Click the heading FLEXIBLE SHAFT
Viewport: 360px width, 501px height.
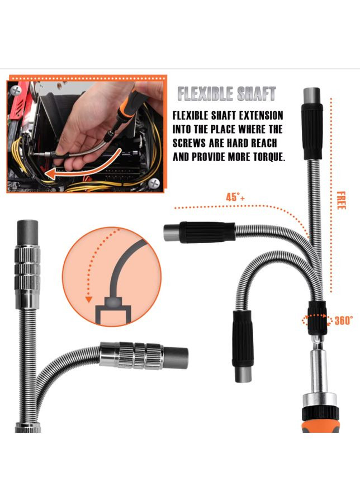click(226, 94)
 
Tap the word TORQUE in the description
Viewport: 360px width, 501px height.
click(268, 157)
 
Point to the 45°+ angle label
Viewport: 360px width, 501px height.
click(235, 197)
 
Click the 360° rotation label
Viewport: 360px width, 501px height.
click(344, 320)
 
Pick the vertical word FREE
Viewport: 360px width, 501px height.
click(341, 200)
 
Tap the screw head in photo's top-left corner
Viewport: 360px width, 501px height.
click(15, 91)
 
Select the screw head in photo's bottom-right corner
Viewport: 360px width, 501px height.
click(155, 183)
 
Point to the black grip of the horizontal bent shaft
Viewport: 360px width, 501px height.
click(207, 232)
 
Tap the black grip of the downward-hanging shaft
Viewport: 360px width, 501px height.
click(243, 338)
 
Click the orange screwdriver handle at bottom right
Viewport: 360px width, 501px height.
click(321, 422)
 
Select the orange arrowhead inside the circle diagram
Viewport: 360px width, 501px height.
click(89, 299)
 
